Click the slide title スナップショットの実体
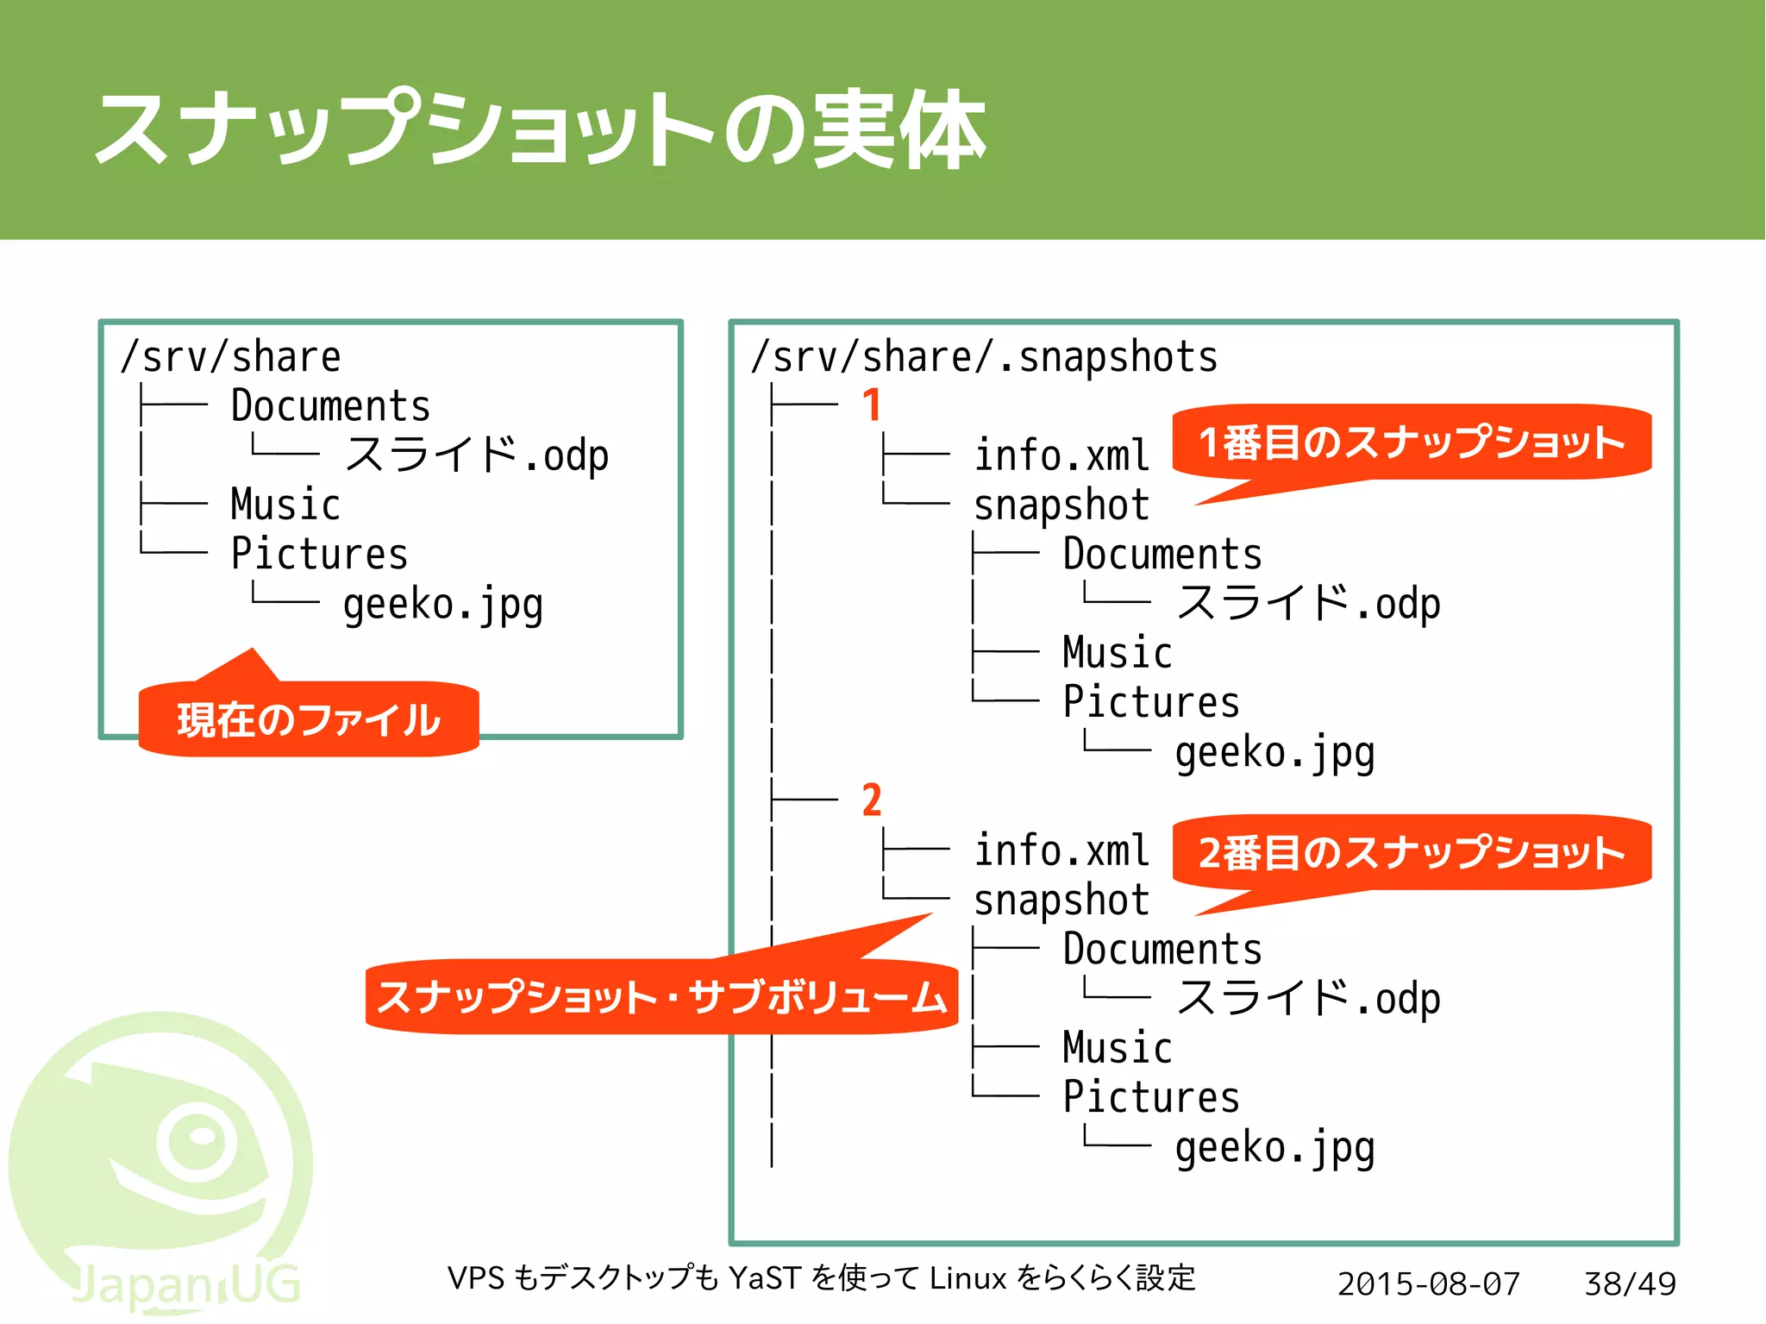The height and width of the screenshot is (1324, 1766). pos(540,129)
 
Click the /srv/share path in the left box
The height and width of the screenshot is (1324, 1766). pos(231,356)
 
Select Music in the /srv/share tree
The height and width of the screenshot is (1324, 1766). pos(285,505)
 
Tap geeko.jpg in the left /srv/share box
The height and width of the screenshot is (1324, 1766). pos(442,605)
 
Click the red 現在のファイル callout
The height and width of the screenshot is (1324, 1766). pos(308,719)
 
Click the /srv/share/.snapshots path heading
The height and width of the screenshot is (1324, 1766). pos(984,356)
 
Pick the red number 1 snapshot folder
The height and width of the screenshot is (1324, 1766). pos(872,405)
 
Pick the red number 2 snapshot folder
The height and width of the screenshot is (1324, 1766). pos(872,800)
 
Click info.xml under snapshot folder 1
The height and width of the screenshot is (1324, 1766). pos(1061,455)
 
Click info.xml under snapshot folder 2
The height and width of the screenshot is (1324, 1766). pos(1061,850)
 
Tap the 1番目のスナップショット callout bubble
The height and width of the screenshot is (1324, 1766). pos(1412,442)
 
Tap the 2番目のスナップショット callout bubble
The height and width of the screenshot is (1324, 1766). pos(1412,852)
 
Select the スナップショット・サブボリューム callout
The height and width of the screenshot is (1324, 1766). pos(661,996)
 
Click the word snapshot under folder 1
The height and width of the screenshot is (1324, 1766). pos(1061,505)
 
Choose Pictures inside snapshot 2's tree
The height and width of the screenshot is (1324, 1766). pos(1151,1097)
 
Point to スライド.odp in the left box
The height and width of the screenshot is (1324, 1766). pos(476,455)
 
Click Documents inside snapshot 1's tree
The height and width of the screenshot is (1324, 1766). pos(1162,555)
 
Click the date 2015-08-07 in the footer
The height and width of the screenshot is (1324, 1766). pos(1428,1283)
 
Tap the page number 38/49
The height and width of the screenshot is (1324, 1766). pos(1630,1283)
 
